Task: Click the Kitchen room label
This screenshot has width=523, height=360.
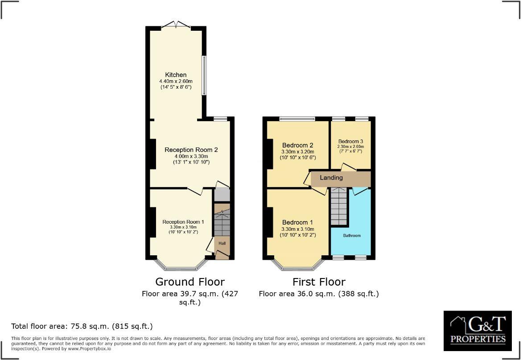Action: [176, 75]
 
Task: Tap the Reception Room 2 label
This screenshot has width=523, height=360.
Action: [191, 150]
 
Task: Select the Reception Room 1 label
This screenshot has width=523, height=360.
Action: [183, 222]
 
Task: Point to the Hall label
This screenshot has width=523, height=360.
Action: [222, 243]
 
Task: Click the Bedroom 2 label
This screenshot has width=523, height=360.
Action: [297, 145]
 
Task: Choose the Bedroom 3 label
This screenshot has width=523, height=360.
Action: [351, 141]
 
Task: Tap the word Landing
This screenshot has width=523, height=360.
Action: [331, 178]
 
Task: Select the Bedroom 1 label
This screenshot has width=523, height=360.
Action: [297, 222]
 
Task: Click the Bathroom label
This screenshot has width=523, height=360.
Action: [351, 235]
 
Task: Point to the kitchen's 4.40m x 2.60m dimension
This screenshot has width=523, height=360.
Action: [176, 82]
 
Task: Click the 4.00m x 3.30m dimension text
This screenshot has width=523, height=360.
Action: [191, 156]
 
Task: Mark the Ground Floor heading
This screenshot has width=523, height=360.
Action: [190, 282]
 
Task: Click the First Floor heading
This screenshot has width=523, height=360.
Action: [319, 282]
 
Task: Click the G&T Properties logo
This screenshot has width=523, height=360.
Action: [478, 330]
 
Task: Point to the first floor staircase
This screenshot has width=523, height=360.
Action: [338, 207]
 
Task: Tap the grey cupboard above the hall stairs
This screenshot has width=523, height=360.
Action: [222, 195]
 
